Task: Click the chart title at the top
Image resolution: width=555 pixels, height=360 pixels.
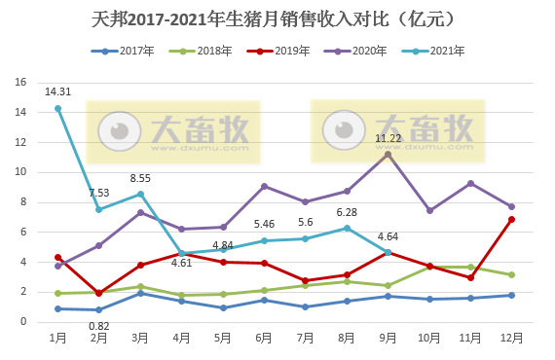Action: [x=277, y=18]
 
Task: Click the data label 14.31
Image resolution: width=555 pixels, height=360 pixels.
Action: [x=57, y=92]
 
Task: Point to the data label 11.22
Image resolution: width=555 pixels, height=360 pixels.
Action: [x=388, y=138]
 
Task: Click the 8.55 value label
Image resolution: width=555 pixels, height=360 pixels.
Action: [x=140, y=178]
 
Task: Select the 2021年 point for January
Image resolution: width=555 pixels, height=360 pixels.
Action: [x=58, y=108]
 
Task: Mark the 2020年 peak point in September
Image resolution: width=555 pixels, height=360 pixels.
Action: [x=388, y=154]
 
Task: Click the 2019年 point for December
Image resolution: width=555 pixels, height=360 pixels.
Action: [x=512, y=219]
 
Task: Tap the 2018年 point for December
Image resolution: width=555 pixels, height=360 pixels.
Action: [x=512, y=274]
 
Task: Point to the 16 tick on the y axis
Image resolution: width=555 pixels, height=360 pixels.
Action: [x=20, y=83]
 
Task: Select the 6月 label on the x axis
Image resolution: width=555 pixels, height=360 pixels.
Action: [x=263, y=337]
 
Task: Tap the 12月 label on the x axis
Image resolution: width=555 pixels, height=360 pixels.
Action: [x=512, y=337]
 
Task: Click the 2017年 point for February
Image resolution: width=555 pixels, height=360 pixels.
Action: [x=99, y=309]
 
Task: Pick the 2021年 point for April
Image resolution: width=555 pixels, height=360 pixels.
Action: [x=182, y=253]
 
